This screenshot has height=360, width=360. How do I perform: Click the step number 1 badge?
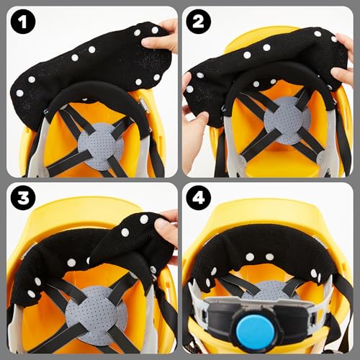(x=24, y=23)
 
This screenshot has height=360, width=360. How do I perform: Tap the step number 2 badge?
(x=199, y=23)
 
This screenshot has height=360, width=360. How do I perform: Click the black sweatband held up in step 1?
(x=86, y=61)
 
